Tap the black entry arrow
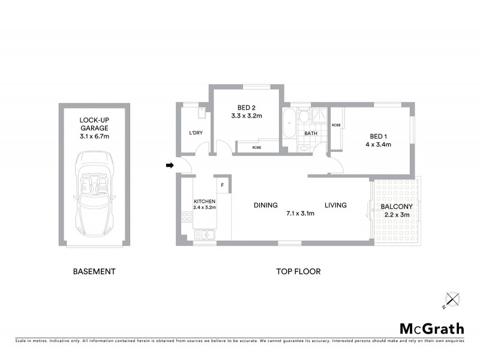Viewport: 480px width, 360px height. [170, 165]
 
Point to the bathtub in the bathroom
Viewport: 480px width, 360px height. [290, 125]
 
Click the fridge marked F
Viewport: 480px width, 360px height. [222, 185]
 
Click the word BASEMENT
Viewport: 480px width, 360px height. [94, 271]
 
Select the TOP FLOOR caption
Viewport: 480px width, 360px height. [298, 271]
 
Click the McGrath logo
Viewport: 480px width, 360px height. [432, 328]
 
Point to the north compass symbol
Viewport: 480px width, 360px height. [452, 298]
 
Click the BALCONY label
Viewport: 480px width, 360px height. [395, 208]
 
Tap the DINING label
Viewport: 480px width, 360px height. [265, 205]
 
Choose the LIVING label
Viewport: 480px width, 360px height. [336, 205]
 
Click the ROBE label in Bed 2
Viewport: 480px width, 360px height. [256, 147]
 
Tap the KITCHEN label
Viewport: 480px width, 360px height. [204, 201]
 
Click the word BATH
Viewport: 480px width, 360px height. [311, 133]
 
